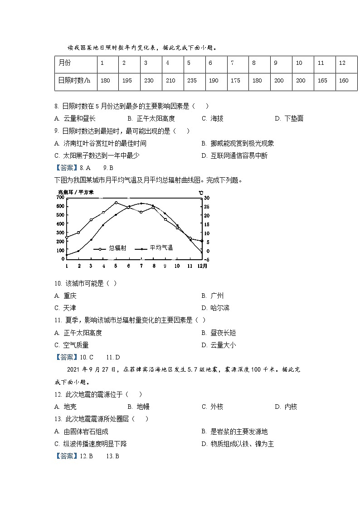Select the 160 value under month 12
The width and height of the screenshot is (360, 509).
pyautogui.click(x=344, y=80)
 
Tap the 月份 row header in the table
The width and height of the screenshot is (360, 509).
pyautogui.click(x=65, y=63)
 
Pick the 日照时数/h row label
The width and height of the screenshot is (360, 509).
pyautogui.click(x=74, y=80)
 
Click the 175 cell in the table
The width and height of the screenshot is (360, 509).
pyautogui.click(x=235, y=80)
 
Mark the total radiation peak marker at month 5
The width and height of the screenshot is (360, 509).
pyautogui.click(x=116, y=203)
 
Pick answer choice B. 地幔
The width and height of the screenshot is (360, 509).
pyautogui.click(x=138, y=407)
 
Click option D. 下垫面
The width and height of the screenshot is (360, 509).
pyautogui.click(x=289, y=118)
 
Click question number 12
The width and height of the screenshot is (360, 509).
pyautogui.click(x=58, y=394)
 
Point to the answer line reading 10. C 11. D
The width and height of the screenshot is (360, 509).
pyautogui.click(x=87, y=357)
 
